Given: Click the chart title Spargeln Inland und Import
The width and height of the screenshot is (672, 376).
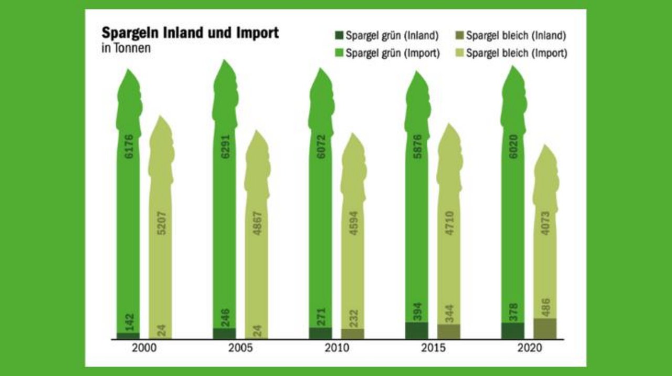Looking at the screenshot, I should click(x=190, y=33).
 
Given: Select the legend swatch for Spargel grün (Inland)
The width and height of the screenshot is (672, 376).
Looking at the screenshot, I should click(x=339, y=36).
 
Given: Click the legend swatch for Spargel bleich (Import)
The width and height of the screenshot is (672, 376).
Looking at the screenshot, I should click(x=459, y=53).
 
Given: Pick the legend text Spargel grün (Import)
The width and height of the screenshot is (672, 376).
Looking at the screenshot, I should click(x=393, y=53).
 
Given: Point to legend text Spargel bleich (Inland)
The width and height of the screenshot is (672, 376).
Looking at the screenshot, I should click(x=516, y=36).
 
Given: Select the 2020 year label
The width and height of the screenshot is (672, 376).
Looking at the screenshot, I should click(x=529, y=349).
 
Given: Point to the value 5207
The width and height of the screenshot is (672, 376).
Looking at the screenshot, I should click(x=161, y=223).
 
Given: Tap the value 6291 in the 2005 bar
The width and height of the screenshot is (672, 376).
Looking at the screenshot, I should click(x=224, y=147).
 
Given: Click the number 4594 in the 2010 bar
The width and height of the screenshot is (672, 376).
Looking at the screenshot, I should click(x=353, y=223).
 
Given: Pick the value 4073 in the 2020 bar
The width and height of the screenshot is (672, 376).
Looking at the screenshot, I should click(x=545, y=223).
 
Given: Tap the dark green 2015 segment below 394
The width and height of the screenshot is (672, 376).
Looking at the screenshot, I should click(x=416, y=331).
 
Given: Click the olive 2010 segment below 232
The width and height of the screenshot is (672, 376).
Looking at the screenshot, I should click(x=353, y=334).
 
